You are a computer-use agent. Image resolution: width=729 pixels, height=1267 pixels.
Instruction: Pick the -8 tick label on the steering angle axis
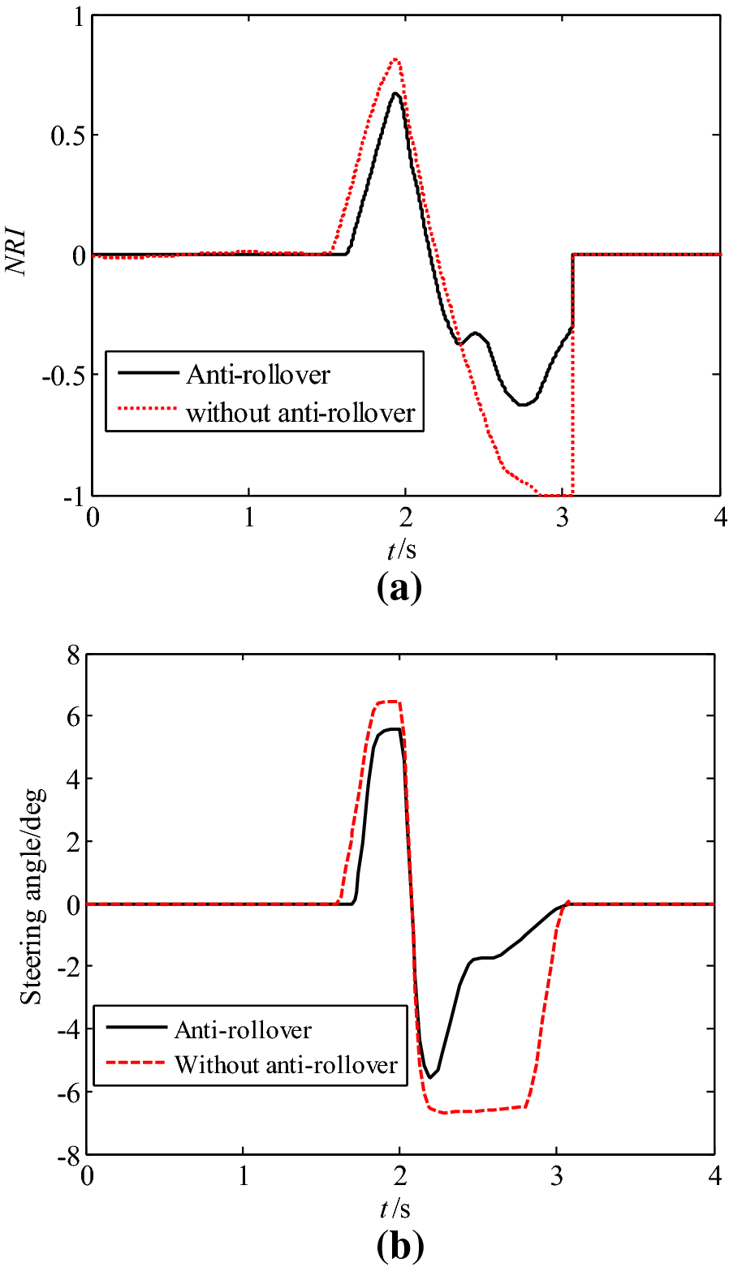point(67,1153)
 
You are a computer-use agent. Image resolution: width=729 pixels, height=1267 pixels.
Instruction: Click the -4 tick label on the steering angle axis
point(67,1029)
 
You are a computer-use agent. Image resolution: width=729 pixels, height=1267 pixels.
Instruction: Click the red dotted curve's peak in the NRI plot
point(395,59)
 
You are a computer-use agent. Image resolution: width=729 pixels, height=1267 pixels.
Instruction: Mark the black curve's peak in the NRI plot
point(395,93)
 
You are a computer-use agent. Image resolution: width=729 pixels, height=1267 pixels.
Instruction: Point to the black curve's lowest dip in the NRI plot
point(524,404)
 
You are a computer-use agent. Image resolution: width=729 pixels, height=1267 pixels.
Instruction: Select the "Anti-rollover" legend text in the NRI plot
point(258,375)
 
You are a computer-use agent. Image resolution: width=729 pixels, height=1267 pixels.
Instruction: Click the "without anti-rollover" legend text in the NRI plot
point(300,413)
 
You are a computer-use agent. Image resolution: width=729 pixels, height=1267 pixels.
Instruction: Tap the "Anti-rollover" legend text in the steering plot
point(243,1030)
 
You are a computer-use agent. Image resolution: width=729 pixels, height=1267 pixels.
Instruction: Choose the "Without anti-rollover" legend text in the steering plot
point(286,1064)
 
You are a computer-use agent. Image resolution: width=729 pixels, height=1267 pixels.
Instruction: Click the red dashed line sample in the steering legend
point(131,1064)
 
